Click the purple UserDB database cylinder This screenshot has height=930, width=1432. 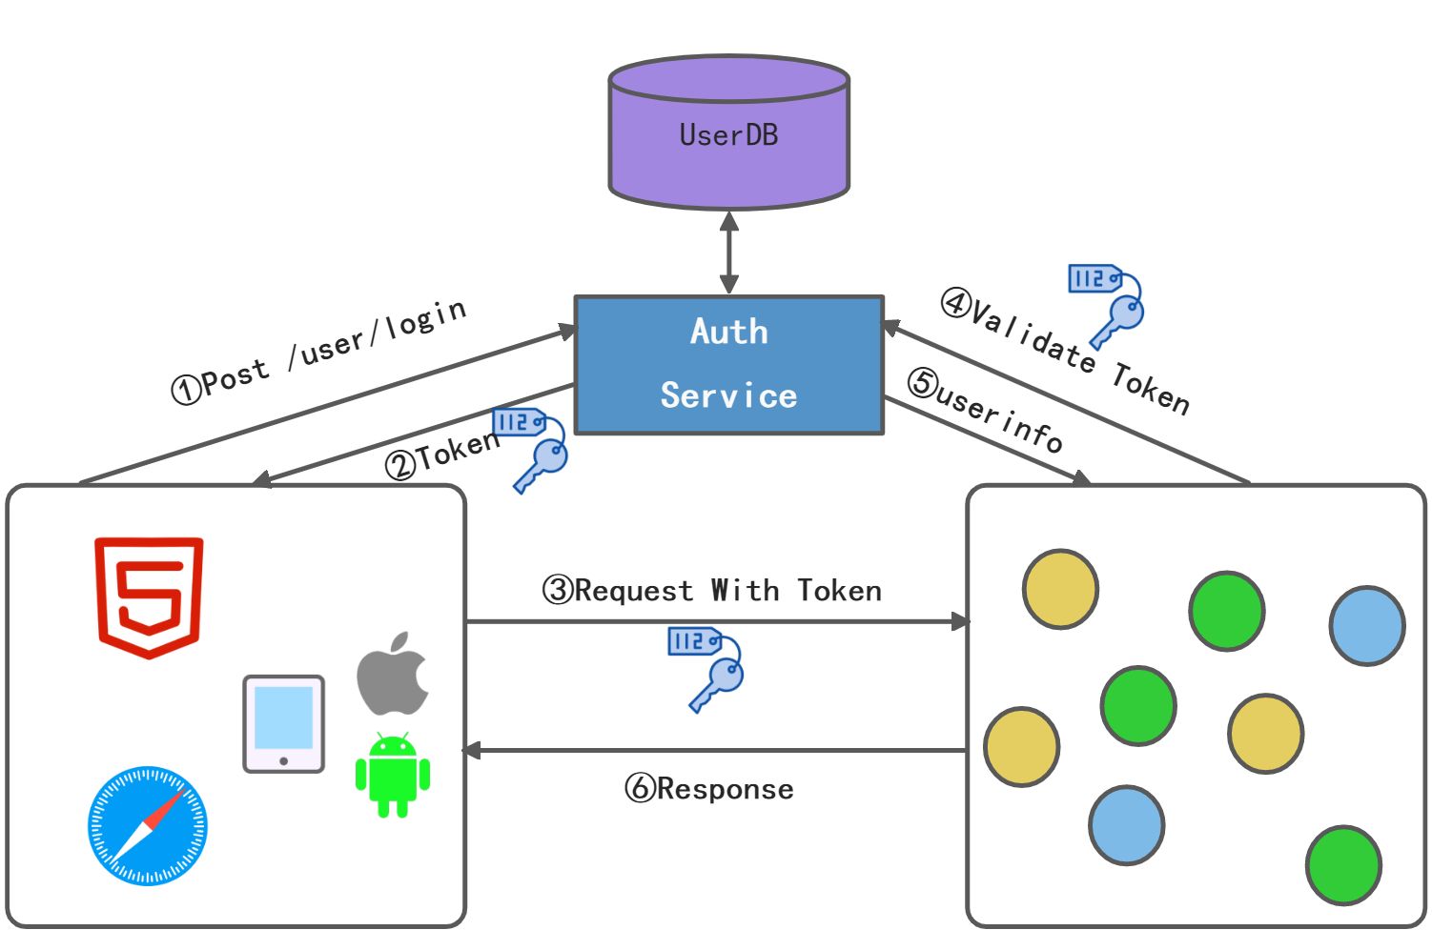pyautogui.click(x=728, y=133)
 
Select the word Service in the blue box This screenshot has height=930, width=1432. pyautogui.click(x=728, y=395)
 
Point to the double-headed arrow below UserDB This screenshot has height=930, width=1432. pyautogui.click(x=729, y=253)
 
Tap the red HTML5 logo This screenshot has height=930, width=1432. pyautogui.click(x=149, y=596)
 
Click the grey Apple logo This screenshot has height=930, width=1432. pyautogui.click(x=393, y=674)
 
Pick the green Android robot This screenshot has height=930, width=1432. pyautogui.click(x=393, y=775)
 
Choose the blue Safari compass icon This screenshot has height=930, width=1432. pyautogui.click(x=147, y=825)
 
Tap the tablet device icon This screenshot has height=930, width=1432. pyautogui.click(x=283, y=723)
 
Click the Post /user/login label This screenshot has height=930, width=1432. pyautogui.click(x=319, y=353)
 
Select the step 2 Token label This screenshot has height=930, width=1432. pyautogui.click(x=442, y=455)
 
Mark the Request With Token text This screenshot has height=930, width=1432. pyautogui.click(x=712, y=591)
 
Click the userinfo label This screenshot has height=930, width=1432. pyautogui.click(x=986, y=411)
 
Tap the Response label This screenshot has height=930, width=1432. pyautogui.click(x=709, y=789)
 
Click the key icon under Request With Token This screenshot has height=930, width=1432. pyautogui.click(x=707, y=668)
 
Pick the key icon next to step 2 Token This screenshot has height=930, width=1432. pyautogui.click(x=532, y=449)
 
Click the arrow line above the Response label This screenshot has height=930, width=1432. pyautogui.click(x=715, y=751)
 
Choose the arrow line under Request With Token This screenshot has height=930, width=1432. pyautogui.click(x=715, y=622)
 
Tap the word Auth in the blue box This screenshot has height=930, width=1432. pyautogui.click(x=729, y=332)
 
